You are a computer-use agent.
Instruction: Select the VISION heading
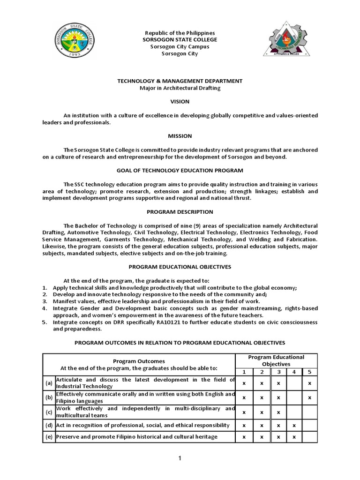[x=180, y=102]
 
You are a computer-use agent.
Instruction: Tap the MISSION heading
[x=180, y=136]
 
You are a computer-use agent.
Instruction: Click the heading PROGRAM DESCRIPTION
[x=180, y=212]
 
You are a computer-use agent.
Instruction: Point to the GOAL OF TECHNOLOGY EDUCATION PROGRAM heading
[x=180, y=170]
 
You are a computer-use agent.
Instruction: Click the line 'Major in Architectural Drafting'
[x=180, y=88]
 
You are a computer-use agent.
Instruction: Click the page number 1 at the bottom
[x=180, y=458]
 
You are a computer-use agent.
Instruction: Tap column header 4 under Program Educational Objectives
[x=293, y=372]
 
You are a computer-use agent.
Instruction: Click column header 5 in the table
[x=309, y=372]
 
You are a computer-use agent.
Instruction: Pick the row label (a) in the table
[x=49, y=383]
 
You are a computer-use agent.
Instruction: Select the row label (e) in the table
[x=49, y=437]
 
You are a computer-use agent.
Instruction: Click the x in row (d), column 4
[x=293, y=425]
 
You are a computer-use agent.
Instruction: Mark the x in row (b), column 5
[x=309, y=397]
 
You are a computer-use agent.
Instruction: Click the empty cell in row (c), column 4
[x=293, y=412]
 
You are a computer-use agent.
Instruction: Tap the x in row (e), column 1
[x=244, y=437]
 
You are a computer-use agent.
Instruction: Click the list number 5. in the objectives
[x=45, y=322]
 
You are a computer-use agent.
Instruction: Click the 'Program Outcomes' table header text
[x=139, y=361]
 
